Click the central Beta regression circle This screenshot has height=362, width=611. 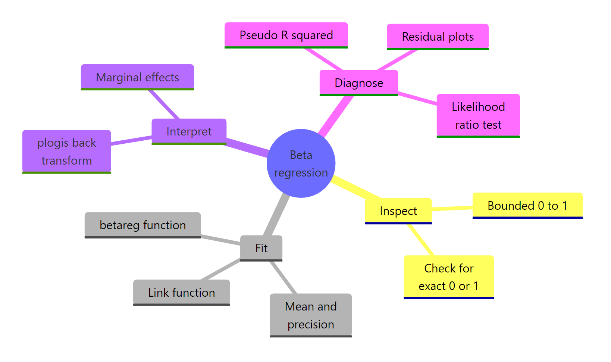[x=301, y=163]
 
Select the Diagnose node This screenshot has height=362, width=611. [x=358, y=82]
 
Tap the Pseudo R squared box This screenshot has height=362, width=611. [x=286, y=35]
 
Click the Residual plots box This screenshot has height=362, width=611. [x=438, y=37]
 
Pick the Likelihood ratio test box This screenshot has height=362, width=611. [x=478, y=115]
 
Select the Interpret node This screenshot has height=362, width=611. [x=189, y=131]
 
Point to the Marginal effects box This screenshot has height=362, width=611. [x=137, y=77]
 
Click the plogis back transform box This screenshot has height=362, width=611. [x=66, y=151]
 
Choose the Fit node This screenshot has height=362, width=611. [x=261, y=248]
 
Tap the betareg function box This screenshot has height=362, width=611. [x=142, y=225]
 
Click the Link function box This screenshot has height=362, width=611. [x=181, y=292]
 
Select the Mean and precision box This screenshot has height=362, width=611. [x=310, y=315]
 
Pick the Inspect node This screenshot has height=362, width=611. [x=398, y=211]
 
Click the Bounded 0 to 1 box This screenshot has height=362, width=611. [x=527, y=205]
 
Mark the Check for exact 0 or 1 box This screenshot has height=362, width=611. [x=448, y=277]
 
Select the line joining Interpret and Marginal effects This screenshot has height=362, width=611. [x=164, y=104]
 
